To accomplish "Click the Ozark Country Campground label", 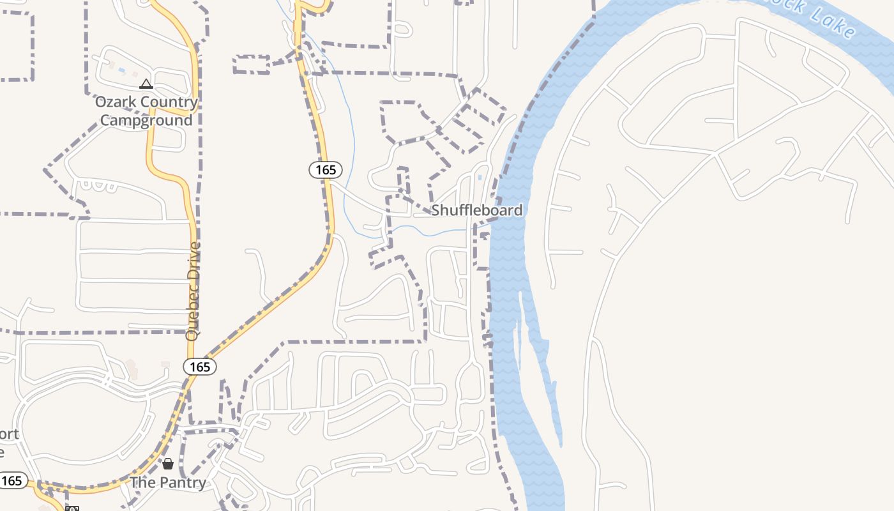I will point(146,111).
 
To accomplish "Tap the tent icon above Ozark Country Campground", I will point(146,84).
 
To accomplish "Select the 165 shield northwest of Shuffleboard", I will point(326,170).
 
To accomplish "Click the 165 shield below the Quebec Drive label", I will point(200,367).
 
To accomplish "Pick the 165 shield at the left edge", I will point(11,480).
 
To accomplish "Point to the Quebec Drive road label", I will point(193,291).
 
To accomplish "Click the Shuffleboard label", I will point(476,210).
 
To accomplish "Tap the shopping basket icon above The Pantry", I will point(168,464).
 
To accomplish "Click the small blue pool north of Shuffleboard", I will point(480,177).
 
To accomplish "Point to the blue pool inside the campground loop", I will point(121,70).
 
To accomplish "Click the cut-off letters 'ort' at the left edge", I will point(9,435).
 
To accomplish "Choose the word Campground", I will point(146,120).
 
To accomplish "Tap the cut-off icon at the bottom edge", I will point(72,508).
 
